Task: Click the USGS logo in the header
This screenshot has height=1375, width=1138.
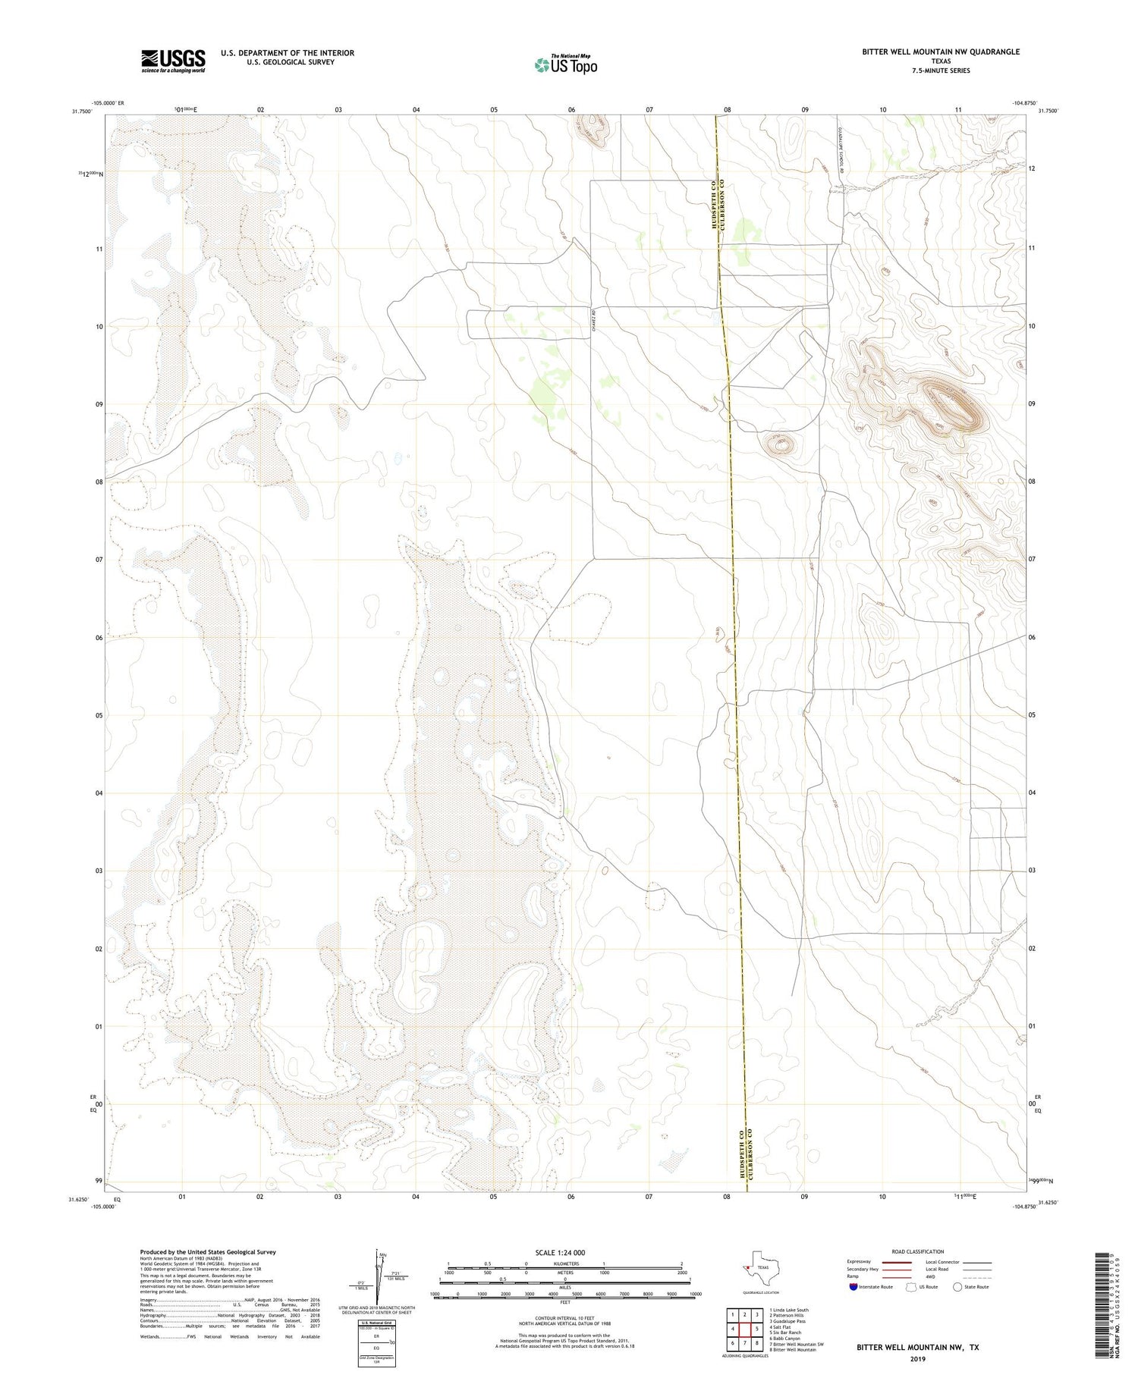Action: click(x=173, y=61)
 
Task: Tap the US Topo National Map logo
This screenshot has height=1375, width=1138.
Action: click(x=565, y=64)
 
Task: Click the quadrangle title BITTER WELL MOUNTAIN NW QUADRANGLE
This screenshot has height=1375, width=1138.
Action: click(x=940, y=52)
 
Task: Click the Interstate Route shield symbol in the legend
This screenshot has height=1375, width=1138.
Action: click(x=853, y=1287)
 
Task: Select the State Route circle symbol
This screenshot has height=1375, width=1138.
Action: click(x=957, y=1287)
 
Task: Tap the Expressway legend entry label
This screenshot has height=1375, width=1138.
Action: click(x=863, y=1262)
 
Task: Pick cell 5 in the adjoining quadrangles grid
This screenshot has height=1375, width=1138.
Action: click(x=756, y=1329)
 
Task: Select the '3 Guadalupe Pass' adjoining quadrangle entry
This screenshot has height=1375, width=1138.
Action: click(x=788, y=1321)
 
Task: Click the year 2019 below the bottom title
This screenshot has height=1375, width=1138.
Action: click(x=917, y=1358)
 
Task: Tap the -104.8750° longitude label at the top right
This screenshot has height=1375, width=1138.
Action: click(x=1026, y=102)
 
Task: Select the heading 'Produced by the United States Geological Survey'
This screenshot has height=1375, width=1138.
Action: click(x=208, y=1252)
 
